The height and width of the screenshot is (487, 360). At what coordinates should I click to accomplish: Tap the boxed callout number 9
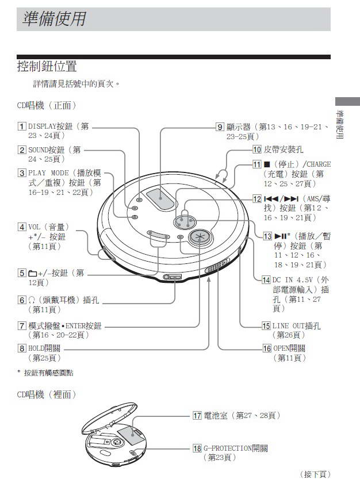coord(220,127)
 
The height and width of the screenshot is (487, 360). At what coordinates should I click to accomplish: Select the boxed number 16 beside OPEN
coord(266,348)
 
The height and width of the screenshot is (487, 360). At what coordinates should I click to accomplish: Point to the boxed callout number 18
coord(197,448)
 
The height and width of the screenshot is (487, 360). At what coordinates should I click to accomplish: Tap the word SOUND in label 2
coord(39,149)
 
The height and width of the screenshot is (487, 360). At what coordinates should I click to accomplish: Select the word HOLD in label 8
coord(37,348)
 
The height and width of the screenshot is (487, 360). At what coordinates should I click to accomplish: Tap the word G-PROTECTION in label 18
coord(230,448)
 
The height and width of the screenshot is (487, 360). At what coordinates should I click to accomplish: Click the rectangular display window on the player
coord(159,198)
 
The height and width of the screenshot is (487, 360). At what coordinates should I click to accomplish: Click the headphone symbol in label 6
coord(32,300)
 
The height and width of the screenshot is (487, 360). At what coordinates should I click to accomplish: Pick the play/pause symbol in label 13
coord(280,236)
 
